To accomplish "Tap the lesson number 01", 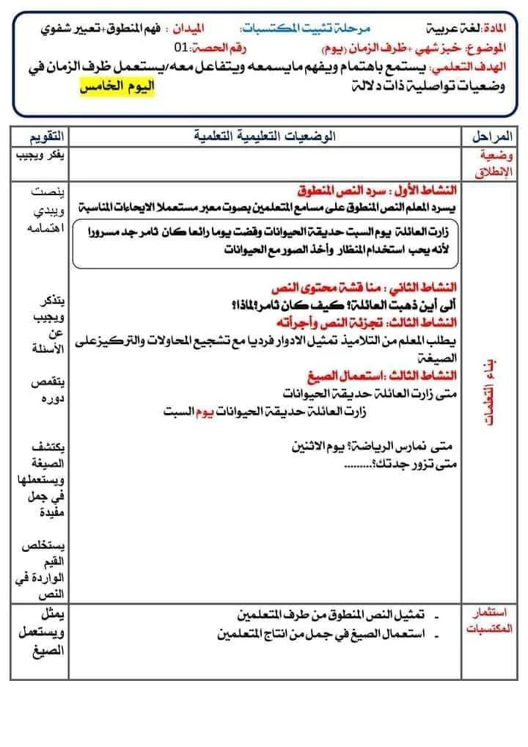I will [x=182, y=49].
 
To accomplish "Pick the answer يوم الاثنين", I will [x=331, y=445].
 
